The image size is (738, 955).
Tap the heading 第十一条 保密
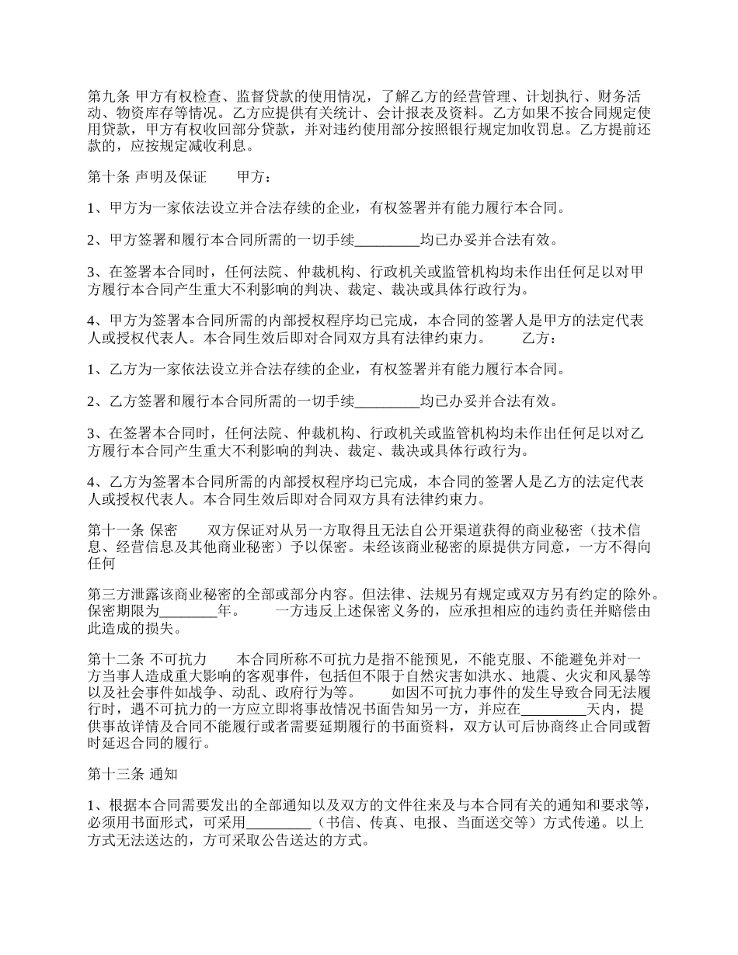(133, 530)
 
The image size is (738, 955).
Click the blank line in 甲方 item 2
(387, 241)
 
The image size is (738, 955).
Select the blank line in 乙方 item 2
(387, 401)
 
